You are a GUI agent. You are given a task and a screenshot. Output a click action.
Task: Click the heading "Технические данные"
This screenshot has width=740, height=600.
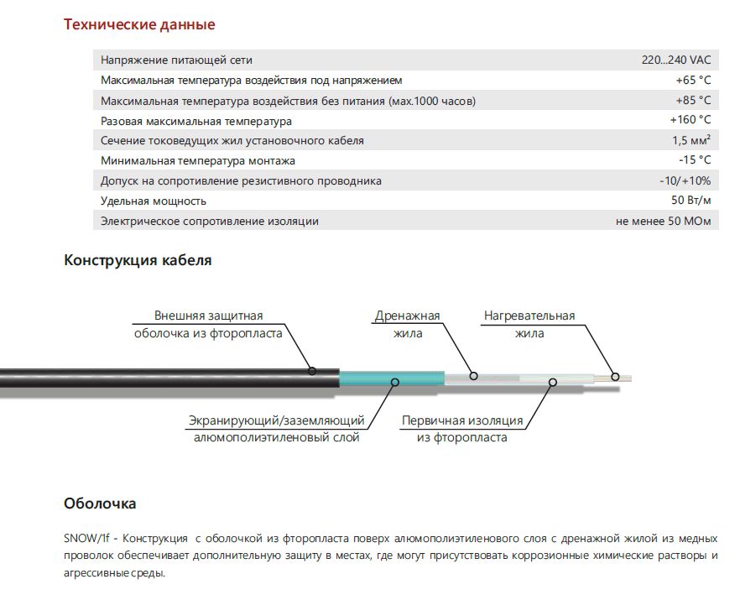click(x=139, y=24)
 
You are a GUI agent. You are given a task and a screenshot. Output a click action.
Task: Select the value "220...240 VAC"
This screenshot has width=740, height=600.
click(x=675, y=60)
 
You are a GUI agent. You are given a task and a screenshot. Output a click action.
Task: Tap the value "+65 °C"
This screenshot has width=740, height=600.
click(x=693, y=81)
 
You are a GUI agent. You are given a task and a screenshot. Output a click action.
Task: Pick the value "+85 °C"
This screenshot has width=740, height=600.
click(x=693, y=101)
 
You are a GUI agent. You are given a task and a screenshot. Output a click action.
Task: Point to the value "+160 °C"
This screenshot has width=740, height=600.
click(x=690, y=121)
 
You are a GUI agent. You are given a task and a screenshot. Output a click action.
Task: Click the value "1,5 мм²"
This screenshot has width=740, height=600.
click(x=690, y=141)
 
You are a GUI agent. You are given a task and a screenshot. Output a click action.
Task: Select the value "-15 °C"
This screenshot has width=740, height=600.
click(x=695, y=160)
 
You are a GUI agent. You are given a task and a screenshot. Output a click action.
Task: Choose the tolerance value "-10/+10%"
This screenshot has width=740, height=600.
click(x=685, y=180)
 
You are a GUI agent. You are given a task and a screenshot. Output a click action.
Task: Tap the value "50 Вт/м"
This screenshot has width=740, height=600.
click(x=691, y=201)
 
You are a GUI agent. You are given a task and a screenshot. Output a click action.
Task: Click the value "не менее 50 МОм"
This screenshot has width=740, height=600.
click(x=663, y=222)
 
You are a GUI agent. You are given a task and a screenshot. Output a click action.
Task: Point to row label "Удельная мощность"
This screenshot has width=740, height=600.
click(x=153, y=201)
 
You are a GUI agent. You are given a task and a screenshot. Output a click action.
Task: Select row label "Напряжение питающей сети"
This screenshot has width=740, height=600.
click(x=176, y=60)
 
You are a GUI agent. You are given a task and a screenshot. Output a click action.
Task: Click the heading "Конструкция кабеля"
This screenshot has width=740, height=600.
click(x=138, y=260)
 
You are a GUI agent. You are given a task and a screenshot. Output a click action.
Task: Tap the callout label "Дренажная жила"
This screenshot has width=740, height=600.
click(x=408, y=325)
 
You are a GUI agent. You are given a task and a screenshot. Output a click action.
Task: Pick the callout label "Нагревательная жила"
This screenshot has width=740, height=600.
click(x=529, y=325)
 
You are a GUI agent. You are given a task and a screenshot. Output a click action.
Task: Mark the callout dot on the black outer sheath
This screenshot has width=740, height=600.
click(x=312, y=369)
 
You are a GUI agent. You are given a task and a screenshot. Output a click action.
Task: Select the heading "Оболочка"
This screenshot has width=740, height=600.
click(x=100, y=503)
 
